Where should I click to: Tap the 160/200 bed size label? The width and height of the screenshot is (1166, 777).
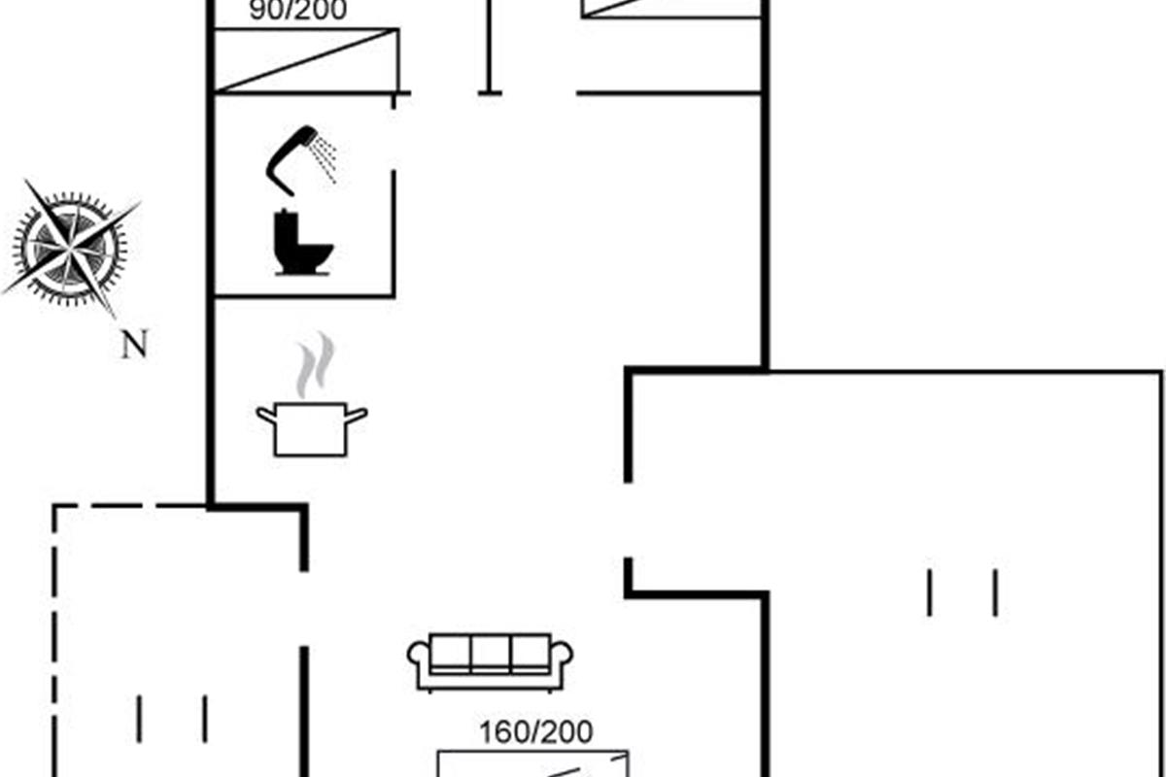[535, 731]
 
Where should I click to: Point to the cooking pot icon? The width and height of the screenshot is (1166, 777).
[311, 427]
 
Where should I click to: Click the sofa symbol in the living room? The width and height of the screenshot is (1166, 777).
[490, 661]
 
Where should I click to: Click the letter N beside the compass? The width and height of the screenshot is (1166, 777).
[134, 344]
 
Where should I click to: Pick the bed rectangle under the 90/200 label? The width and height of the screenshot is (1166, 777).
[305, 60]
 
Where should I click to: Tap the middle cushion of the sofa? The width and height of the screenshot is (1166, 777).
[490, 653]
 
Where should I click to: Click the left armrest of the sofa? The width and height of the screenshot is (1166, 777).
[419, 662]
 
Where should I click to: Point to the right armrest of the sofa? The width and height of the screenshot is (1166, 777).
[561, 662]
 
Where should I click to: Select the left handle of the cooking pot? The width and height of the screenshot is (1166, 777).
[265, 416]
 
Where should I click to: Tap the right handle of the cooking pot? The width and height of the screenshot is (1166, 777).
[357, 416]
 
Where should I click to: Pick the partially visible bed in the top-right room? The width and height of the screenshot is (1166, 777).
[670, 8]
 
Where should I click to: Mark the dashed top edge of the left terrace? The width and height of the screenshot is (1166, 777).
[129, 506]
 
